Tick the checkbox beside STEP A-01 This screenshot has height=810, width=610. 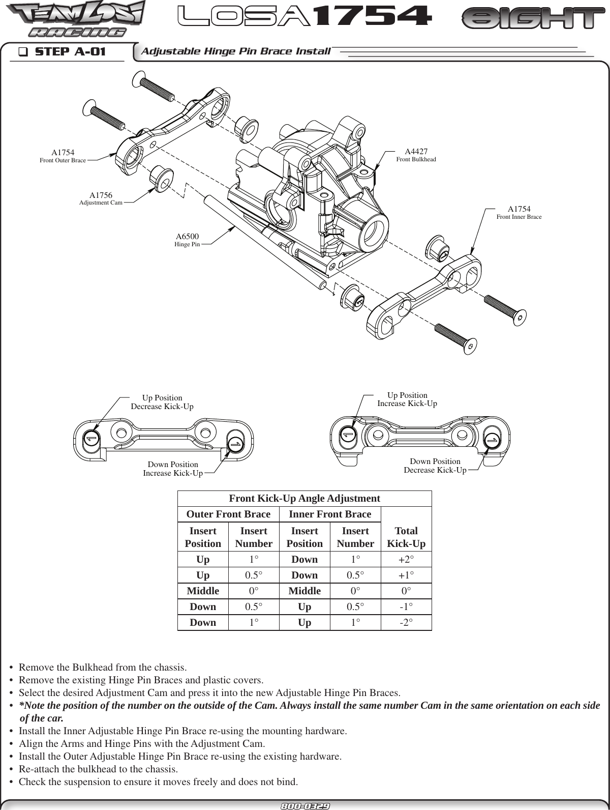22,51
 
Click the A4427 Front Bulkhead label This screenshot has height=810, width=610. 416,155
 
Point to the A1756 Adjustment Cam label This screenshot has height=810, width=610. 101,198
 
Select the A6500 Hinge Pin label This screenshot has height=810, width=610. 187,240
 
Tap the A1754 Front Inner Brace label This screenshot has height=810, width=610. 518,213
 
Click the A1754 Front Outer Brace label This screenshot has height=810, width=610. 63,156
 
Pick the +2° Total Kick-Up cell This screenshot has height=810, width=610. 406,560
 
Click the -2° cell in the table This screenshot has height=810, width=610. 406,623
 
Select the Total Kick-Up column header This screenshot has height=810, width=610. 406,537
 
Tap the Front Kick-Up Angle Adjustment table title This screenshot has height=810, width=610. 304,499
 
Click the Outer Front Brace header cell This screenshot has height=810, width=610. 228,514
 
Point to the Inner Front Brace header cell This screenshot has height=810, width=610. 330,514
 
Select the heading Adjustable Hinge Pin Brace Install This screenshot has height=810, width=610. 235,51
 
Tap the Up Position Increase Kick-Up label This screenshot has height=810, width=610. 407,399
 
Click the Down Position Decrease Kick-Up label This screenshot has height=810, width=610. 435,466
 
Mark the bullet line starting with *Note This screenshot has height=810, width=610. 305,706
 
